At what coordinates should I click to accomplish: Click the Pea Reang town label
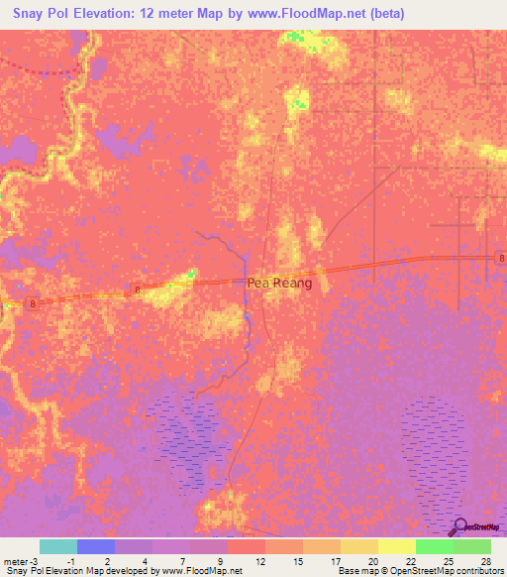click(278, 283)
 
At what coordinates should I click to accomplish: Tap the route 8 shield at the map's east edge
click(501, 259)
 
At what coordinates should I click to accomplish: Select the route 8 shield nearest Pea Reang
click(137, 289)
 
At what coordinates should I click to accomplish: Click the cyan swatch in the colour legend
click(58, 546)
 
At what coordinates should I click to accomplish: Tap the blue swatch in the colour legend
click(96, 546)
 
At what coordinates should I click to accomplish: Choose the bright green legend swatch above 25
click(434, 546)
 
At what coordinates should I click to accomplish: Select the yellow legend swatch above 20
click(358, 546)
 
